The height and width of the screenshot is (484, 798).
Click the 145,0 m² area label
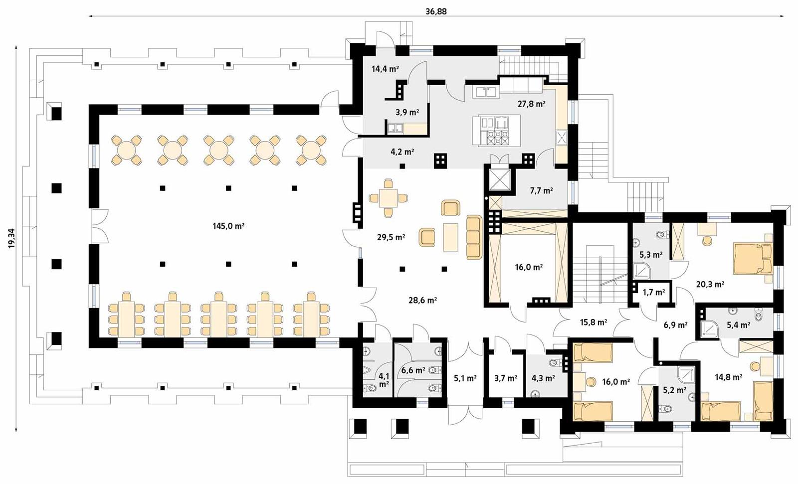(x=228, y=226)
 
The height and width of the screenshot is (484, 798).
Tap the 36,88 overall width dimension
(x=436, y=11)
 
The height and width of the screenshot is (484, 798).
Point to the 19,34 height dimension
(x=12, y=238)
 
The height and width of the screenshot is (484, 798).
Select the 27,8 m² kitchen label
(x=531, y=104)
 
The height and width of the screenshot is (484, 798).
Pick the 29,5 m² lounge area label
(x=391, y=238)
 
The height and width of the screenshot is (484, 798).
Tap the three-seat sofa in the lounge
(x=474, y=237)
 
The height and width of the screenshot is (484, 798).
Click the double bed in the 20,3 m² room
(x=752, y=258)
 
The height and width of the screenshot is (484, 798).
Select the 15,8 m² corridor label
(x=593, y=323)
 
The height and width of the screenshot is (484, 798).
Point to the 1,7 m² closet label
(x=653, y=293)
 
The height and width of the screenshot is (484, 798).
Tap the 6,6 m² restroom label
(x=412, y=370)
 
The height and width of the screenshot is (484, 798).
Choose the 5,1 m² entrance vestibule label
(x=465, y=378)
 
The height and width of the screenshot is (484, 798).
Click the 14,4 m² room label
(x=385, y=69)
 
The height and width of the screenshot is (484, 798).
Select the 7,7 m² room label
(x=541, y=190)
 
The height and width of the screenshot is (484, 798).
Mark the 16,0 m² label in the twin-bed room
(x=615, y=382)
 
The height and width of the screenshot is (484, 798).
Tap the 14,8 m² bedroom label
(x=728, y=377)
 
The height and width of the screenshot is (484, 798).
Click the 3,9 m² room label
(x=407, y=113)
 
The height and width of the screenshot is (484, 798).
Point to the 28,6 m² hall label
(x=422, y=300)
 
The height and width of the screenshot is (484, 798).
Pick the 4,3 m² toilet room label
(x=543, y=378)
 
